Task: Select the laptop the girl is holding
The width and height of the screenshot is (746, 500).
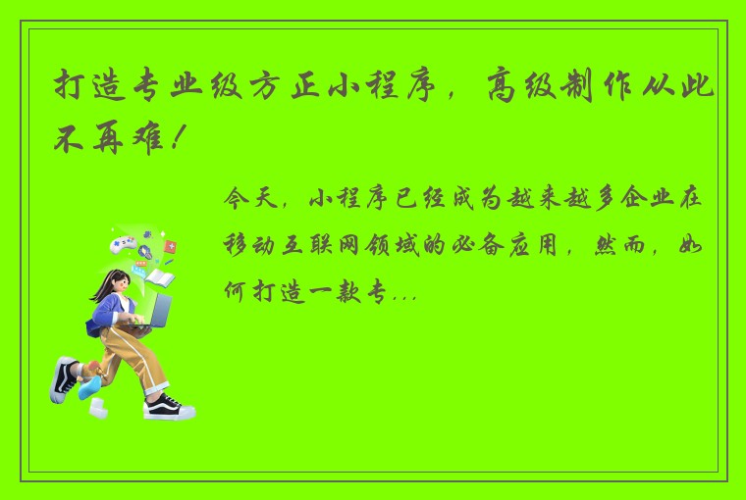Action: click(157, 312)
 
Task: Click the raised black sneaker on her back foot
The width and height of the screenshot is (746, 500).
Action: click(64, 377)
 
